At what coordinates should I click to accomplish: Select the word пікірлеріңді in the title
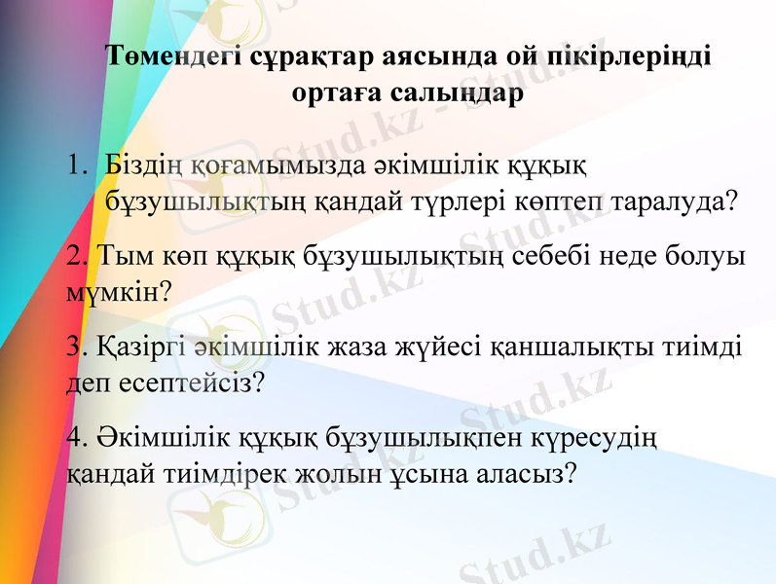(x=622, y=56)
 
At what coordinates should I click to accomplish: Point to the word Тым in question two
(x=123, y=256)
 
